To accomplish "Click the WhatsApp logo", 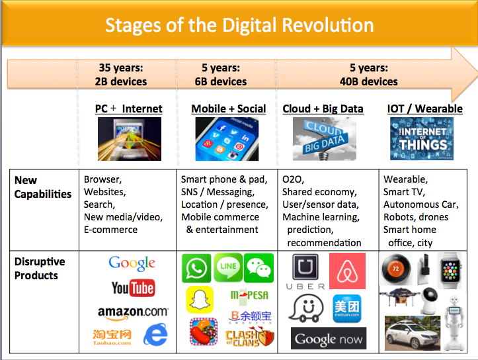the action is click(196, 268).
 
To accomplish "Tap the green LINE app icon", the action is click(228, 267).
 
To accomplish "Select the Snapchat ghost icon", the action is click(200, 300).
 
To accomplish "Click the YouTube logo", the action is click(133, 288).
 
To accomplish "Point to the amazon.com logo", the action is click(133, 313).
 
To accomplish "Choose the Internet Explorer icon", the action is click(155, 334).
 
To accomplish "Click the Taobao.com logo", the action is click(112, 337).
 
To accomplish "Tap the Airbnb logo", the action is click(347, 271).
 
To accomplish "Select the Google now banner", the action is click(329, 338).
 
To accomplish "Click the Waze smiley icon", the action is click(305, 308).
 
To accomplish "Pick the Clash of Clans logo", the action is click(249, 337).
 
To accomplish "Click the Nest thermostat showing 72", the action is click(396, 269).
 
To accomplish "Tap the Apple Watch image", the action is click(450, 271).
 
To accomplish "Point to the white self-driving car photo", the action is click(413, 333).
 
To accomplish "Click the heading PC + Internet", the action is click(129, 109).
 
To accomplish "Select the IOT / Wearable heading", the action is click(424, 109).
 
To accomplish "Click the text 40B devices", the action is click(368, 81).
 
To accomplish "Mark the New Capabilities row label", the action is click(43, 187).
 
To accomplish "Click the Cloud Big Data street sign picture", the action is click(325, 139).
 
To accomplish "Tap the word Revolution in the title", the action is click(328, 25).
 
